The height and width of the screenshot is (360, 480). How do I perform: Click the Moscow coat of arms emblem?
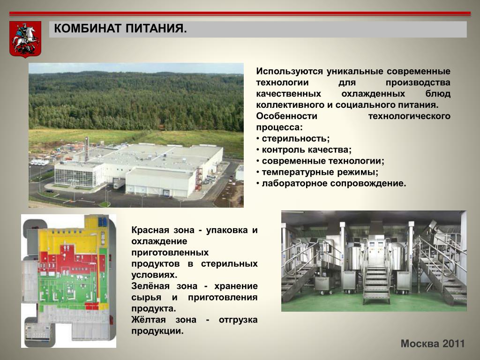25,39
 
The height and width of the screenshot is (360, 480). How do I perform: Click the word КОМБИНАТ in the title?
88,29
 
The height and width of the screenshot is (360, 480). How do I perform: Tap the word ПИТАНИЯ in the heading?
156,29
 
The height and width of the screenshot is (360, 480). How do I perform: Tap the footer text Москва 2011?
433,344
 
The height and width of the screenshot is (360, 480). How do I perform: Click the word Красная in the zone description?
150,230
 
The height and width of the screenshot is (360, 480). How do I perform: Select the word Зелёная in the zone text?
150,286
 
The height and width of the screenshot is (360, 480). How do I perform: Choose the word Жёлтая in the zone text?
149,320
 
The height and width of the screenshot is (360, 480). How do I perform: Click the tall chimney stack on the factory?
87,149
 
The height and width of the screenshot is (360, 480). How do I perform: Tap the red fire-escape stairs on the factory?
199,180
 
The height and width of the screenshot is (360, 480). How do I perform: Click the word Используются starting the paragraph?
289,71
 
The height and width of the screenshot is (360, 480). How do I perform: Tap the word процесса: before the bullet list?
279,127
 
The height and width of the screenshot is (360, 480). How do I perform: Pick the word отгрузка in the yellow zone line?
238,320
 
